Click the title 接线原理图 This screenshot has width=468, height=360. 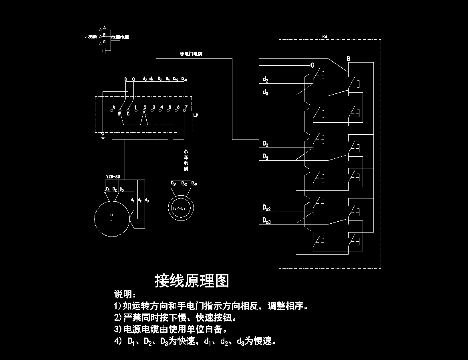point(192,281)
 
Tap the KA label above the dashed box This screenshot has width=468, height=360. point(325,36)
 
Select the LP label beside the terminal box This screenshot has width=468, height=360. point(196,115)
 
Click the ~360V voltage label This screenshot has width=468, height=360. point(91,37)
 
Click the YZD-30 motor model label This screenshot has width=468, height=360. point(113,176)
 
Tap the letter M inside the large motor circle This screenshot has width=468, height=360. point(111,215)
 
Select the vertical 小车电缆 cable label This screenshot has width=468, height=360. point(186,160)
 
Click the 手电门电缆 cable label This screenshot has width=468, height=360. point(191,53)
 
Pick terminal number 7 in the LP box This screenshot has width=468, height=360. point(186,107)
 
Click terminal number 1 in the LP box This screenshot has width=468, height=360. point(136,107)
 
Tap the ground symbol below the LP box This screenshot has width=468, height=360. point(103,137)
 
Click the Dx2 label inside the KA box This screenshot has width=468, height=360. point(266,208)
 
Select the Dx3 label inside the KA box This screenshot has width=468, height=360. point(266,220)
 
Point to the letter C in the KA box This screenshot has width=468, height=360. point(312,65)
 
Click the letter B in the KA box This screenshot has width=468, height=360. point(348,59)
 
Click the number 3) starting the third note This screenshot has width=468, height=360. point(118,330)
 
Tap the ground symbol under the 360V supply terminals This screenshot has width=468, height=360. point(104,51)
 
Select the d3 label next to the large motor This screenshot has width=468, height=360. point(147,200)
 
